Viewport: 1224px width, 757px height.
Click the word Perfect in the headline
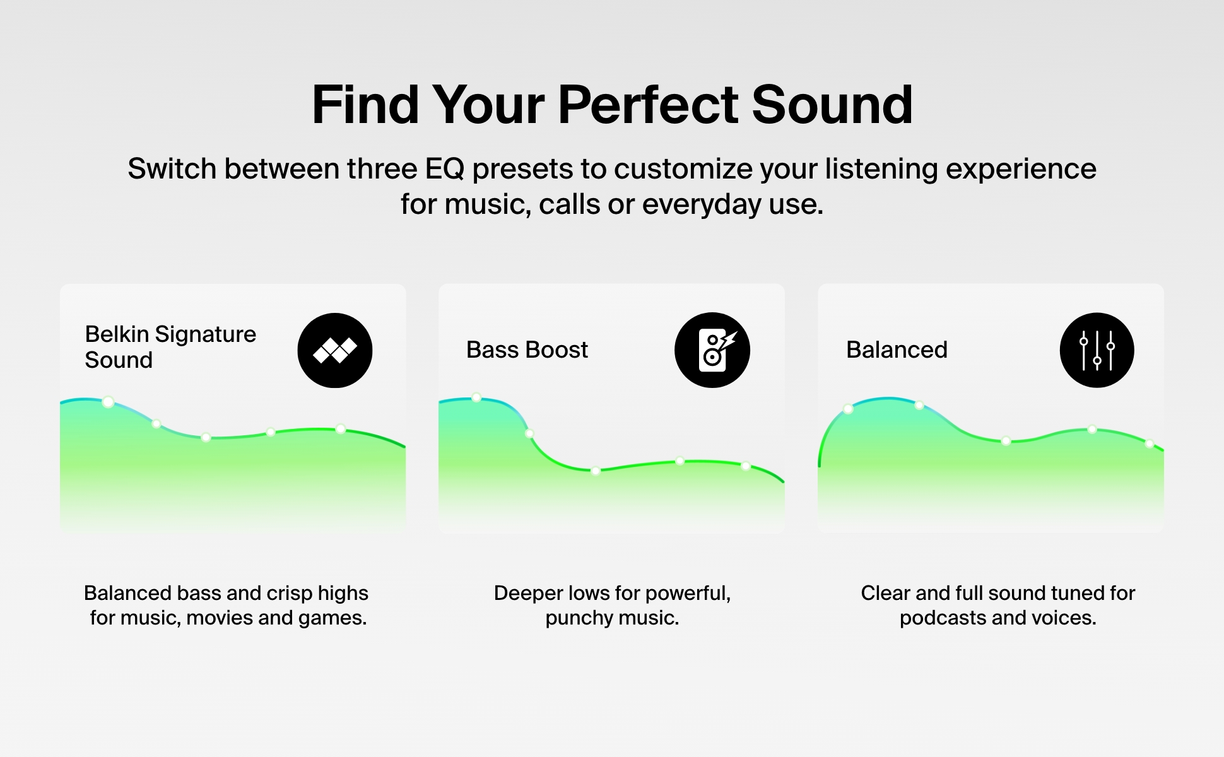coord(648,105)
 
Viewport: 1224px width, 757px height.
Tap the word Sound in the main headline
coord(832,105)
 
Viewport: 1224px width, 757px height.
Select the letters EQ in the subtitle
coord(445,169)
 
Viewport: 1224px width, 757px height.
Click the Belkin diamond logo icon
coord(335,350)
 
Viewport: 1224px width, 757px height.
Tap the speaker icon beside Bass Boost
coord(712,350)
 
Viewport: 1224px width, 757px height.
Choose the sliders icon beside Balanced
coord(1097,350)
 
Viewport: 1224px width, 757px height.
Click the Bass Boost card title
coord(527,349)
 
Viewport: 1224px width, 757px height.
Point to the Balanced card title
coord(897,349)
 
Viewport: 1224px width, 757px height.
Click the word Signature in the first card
coord(206,334)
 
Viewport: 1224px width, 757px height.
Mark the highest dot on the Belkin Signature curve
coord(108,402)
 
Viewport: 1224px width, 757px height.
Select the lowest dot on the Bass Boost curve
coord(596,471)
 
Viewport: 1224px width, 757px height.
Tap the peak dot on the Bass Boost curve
coord(476,397)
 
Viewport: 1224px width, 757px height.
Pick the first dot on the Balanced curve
coord(848,409)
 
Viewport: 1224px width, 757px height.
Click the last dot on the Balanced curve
coord(1150,444)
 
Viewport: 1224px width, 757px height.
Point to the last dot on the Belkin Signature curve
coord(341,429)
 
